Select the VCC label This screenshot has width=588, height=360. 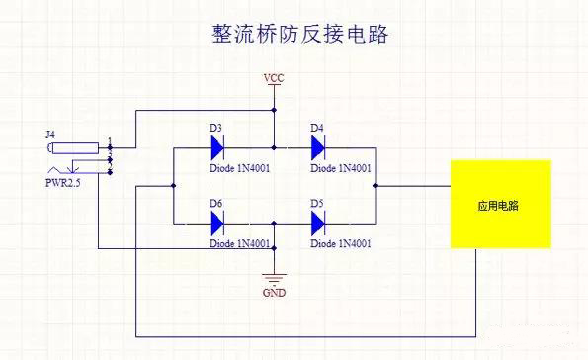pos(274,77)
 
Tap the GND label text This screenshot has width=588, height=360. pos(274,294)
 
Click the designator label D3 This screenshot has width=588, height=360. pos(217,128)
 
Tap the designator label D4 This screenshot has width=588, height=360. pos(317,128)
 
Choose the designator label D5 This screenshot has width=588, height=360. pos(317,204)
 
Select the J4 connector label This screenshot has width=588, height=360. pos(51,132)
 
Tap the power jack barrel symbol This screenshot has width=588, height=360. pos(75,149)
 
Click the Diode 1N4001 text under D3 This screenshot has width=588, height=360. pos(240,168)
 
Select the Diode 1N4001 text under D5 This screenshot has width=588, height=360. pos(341,244)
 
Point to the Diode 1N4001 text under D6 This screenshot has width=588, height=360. pos(240,244)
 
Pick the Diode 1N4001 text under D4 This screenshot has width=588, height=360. pos(341,168)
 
